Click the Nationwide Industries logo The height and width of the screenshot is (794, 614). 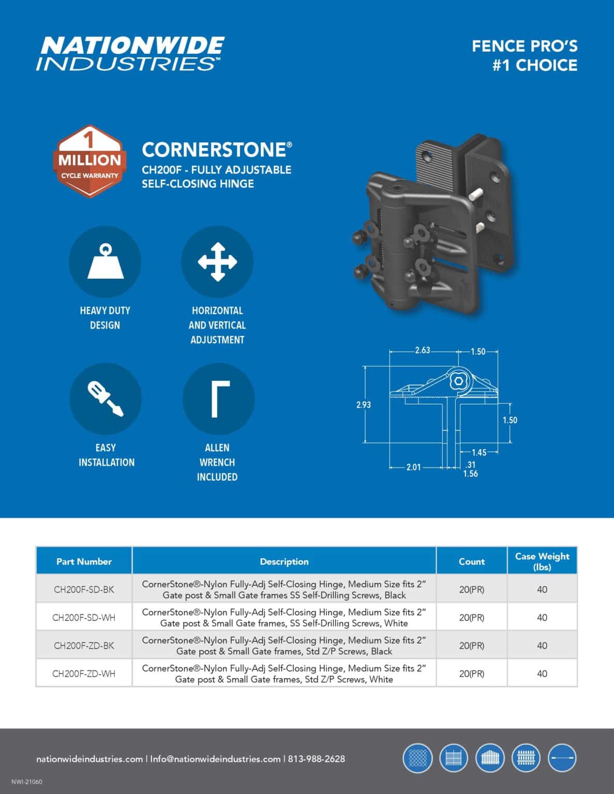coord(130,53)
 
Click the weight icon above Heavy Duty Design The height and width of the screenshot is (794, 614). coord(105,262)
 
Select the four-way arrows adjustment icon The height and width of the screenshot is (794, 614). coord(217,262)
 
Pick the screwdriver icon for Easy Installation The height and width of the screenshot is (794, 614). coord(106,399)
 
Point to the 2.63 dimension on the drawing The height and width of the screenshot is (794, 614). coord(422,350)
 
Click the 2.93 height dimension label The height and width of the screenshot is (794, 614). coord(363,405)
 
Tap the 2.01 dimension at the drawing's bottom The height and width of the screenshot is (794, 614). coord(413,467)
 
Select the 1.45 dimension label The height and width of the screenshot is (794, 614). coord(478,453)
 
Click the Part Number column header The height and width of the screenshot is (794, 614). coord(84,561)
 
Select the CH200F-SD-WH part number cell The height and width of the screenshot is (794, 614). coord(84,617)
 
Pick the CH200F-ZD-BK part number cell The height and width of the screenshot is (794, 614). coord(84,645)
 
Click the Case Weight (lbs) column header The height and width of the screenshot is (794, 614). coord(542,561)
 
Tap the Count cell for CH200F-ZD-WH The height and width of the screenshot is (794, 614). coord(471,674)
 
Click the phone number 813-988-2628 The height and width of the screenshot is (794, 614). coord(317,759)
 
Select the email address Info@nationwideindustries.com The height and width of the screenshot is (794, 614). coord(215,759)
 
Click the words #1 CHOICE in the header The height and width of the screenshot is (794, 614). coord(534,66)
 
